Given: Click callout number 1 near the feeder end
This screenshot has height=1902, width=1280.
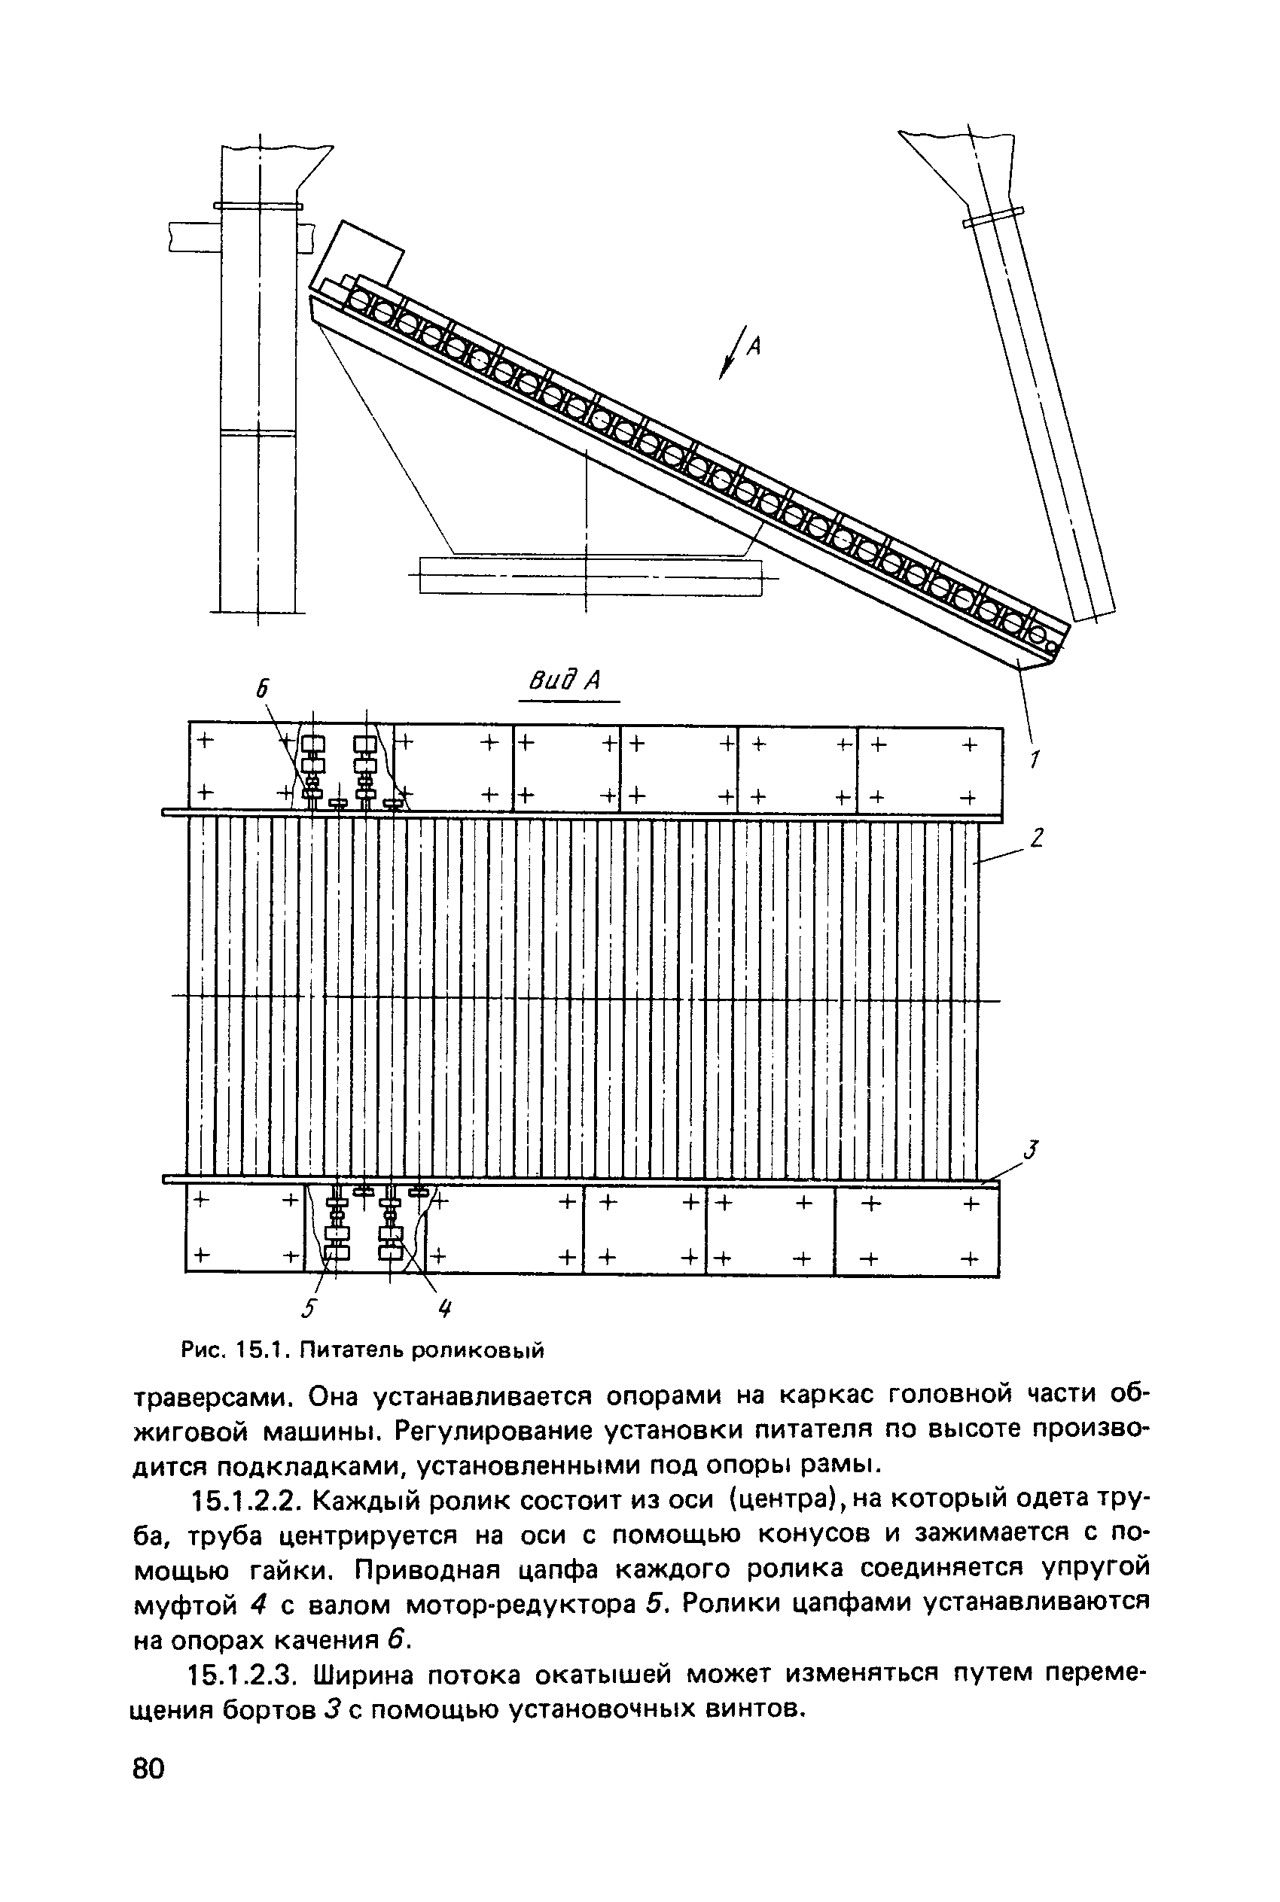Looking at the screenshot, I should tap(1035, 759).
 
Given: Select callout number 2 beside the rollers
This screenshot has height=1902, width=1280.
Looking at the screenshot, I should tap(1037, 838).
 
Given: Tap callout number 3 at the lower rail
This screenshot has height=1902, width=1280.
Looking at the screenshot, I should tap(1031, 1152).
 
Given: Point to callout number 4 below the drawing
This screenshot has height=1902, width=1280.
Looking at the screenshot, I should tap(445, 1309).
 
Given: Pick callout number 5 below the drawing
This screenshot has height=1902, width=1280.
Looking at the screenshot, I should tap(308, 1309).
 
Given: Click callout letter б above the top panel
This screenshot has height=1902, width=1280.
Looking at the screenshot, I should tap(261, 689).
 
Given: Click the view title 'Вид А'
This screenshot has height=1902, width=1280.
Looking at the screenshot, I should tap(565, 680).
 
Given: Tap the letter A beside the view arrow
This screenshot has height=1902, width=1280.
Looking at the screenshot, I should tap(754, 347).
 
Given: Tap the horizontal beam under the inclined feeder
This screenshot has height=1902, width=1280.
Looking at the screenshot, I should tap(590, 577).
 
